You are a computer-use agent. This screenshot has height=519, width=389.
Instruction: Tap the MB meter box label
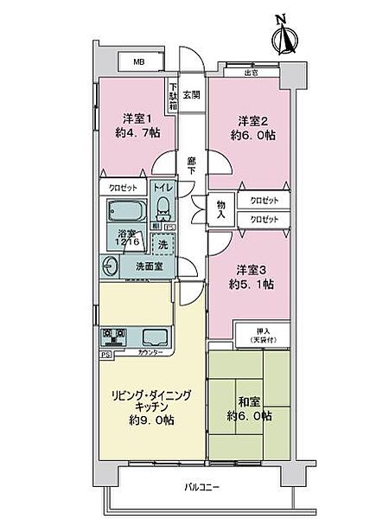[x=137, y=62]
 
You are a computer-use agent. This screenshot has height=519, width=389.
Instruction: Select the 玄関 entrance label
[x=191, y=95]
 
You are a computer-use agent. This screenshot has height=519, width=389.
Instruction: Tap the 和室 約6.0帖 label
[x=250, y=409]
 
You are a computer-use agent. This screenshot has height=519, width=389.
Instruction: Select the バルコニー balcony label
[x=201, y=488]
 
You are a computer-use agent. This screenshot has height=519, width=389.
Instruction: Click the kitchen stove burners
[x=113, y=336]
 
